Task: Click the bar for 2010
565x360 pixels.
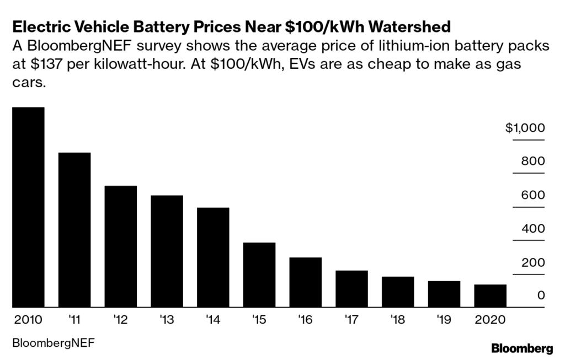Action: coord(28,207)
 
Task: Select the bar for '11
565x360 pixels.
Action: coord(74,230)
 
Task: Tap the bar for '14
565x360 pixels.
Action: coord(213,257)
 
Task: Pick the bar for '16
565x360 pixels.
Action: coord(305,282)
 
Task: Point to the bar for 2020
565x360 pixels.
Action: coord(490,296)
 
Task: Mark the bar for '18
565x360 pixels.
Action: coord(398,292)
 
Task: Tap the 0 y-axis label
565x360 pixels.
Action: coord(541,295)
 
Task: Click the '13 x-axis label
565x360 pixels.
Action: coord(167,319)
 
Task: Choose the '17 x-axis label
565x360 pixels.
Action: coord(351,319)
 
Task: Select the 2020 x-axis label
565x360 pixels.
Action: coord(490,319)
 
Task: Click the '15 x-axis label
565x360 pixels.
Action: coord(259,319)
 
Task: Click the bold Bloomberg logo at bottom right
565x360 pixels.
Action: coord(521,347)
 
